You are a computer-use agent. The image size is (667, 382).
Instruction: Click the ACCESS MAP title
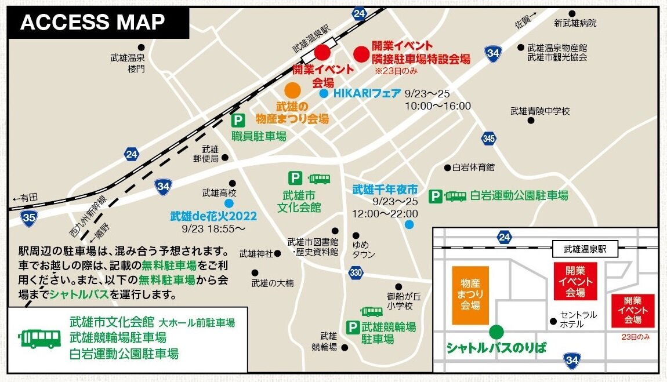(93, 22)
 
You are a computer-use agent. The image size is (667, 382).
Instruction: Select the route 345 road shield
(488, 139)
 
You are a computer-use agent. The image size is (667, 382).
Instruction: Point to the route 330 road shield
(356, 272)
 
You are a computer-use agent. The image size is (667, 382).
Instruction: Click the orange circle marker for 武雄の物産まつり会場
(292, 90)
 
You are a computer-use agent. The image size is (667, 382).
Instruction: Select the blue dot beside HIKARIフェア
(324, 93)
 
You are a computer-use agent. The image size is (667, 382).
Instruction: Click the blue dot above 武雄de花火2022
(229, 203)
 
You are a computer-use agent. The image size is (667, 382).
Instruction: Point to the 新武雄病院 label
(575, 24)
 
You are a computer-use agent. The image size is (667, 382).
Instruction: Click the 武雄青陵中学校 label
(540, 111)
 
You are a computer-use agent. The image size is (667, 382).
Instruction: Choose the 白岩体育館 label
(473, 168)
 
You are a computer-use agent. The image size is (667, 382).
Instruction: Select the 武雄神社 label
(256, 253)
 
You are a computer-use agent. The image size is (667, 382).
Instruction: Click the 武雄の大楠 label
(272, 283)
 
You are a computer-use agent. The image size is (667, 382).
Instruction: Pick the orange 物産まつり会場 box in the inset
(470, 295)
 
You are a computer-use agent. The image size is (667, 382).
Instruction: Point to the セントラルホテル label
(578, 319)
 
